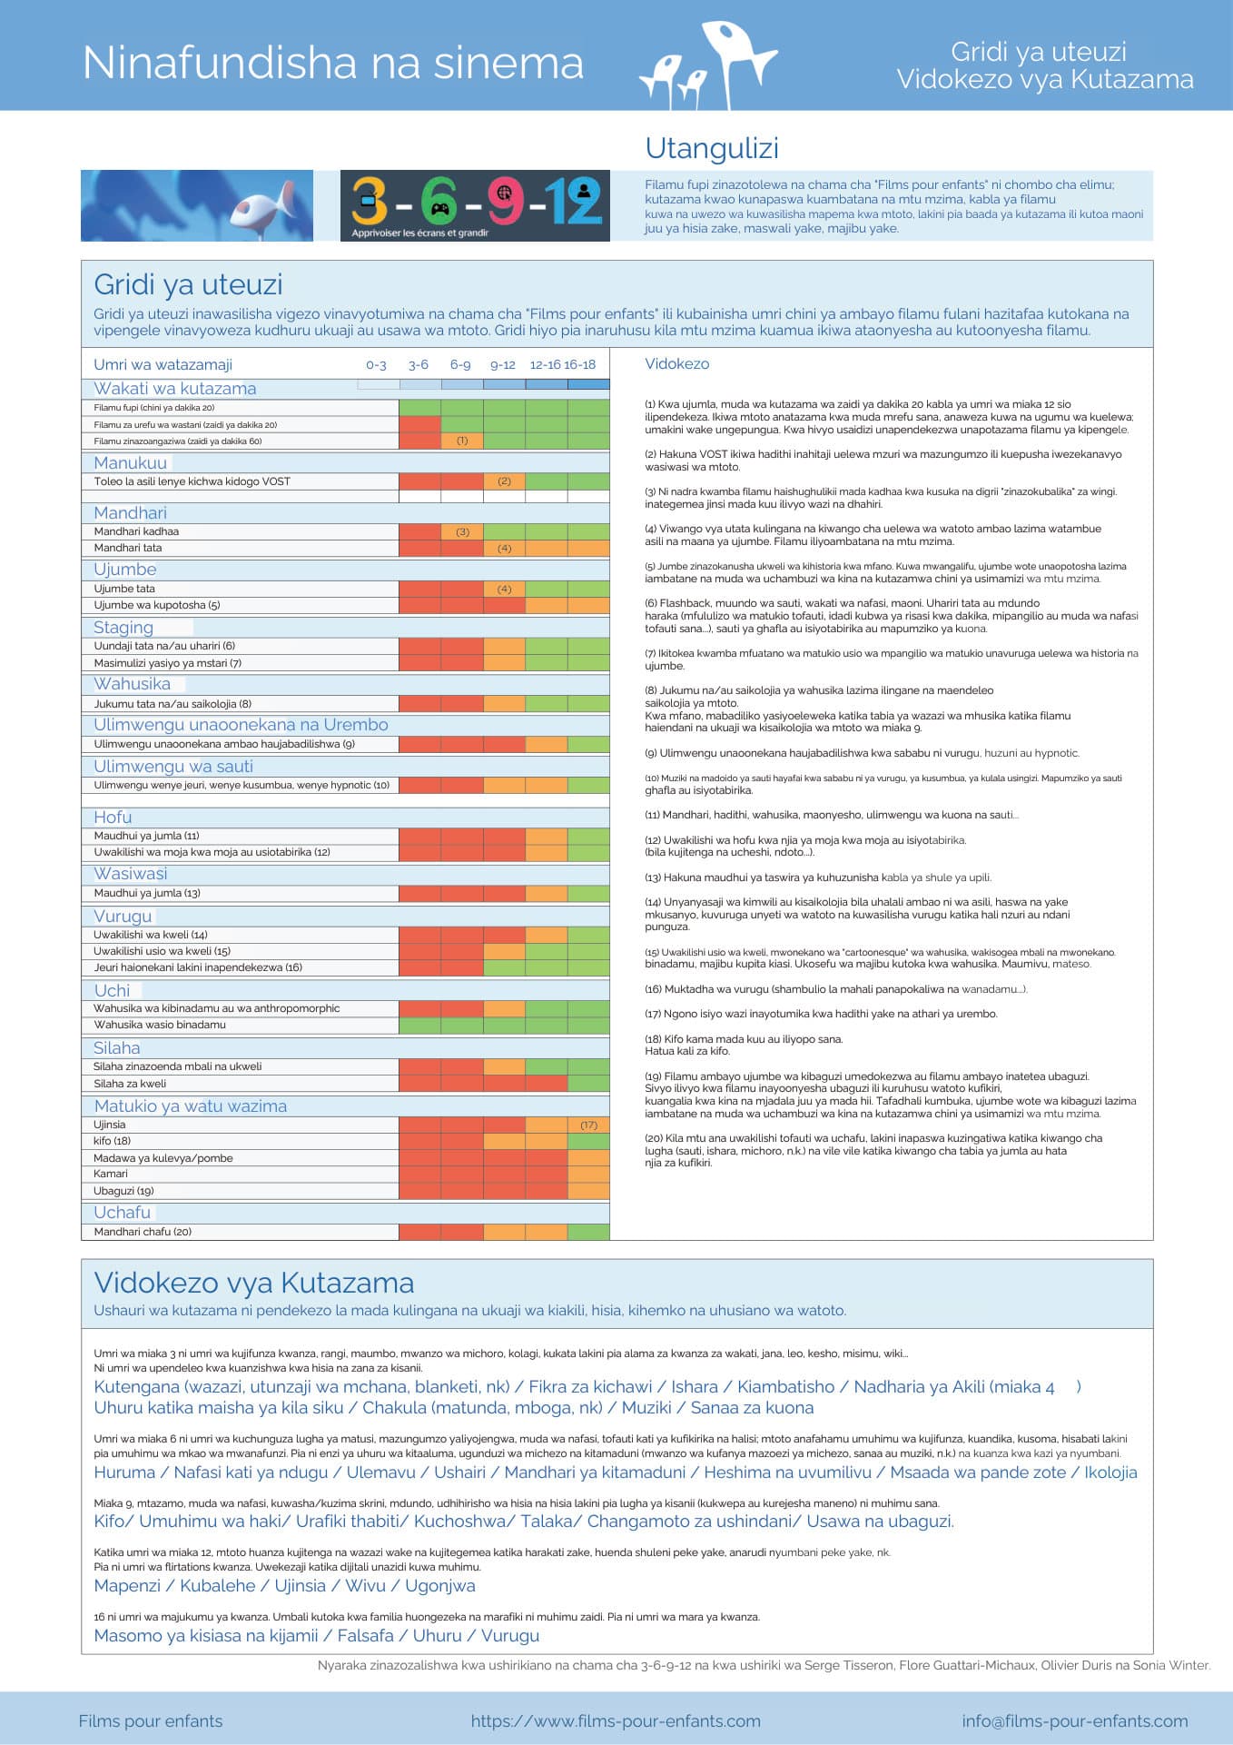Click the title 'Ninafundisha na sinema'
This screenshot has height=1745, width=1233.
pos(332,64)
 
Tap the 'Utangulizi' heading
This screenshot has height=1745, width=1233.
pos(712,148)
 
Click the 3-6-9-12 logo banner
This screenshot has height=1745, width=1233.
pos(475,206)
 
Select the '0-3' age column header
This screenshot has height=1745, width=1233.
pos(376,365)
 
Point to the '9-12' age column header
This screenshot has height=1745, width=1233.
pos(503,365)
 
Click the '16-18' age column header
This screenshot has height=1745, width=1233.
pos(580,365)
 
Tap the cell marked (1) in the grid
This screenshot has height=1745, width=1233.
pos(462,441)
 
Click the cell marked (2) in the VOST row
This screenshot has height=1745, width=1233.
pos(505,481)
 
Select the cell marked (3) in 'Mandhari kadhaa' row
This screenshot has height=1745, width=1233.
pos(462,531)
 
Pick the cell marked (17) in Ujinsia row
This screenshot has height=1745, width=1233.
pos(589,1125)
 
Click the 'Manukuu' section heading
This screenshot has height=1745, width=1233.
pos(130,462)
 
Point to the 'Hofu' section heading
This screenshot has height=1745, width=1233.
pos(113,817)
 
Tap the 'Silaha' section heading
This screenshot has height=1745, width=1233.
pos(117,1047)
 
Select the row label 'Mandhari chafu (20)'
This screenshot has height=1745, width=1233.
pos(143,1232)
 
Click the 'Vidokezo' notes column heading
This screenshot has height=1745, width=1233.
pos(677,363)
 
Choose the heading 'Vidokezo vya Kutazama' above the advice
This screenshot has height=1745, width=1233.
pos(254,1283)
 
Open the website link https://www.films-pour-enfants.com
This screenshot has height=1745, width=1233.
pos(616,1721)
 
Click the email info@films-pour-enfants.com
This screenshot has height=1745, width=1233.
pos(1075,1721)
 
